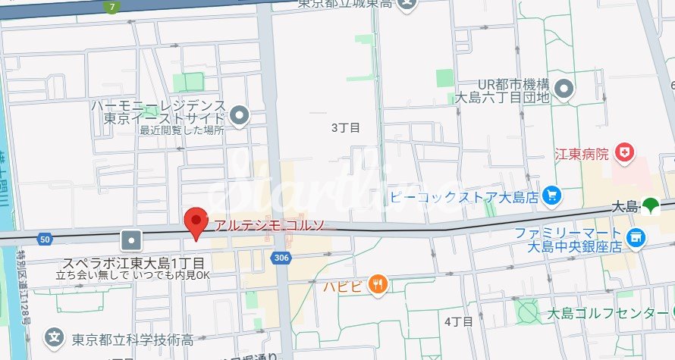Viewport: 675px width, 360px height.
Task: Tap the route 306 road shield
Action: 281,258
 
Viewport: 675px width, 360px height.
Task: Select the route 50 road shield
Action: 46,239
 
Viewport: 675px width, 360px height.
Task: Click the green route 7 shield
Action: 112,8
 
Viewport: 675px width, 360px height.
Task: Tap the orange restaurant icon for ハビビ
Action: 377,285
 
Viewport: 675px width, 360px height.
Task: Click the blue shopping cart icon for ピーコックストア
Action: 551,196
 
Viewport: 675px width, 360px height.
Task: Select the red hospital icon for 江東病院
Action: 626,153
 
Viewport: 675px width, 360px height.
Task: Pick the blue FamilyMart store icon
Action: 636,238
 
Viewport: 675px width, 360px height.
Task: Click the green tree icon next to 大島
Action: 650,205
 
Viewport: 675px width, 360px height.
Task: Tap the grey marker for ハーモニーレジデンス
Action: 240,116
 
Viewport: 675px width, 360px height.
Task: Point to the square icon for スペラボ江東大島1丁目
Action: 133,240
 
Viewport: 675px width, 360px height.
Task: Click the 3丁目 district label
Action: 344,128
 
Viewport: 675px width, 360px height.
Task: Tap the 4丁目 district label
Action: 458,321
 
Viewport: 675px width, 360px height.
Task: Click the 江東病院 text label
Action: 582,154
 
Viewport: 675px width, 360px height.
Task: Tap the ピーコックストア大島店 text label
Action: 465,196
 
